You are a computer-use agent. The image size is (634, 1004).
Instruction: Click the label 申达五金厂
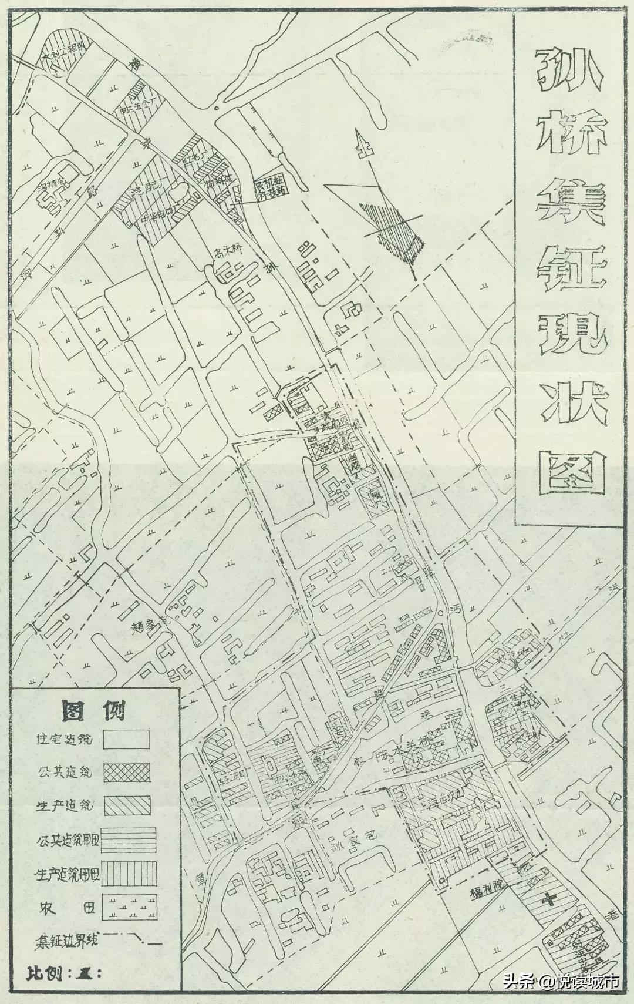pos(137,108)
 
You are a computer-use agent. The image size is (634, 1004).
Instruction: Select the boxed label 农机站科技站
pos(271,189)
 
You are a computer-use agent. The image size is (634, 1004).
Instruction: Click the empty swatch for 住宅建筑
pos(127,739)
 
